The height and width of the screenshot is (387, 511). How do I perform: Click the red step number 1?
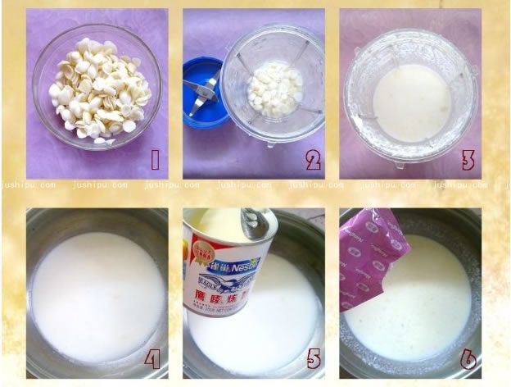pos(155,160)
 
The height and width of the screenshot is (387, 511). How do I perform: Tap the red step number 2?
pos(312,160)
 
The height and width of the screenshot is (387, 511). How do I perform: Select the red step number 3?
pos(468,160)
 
